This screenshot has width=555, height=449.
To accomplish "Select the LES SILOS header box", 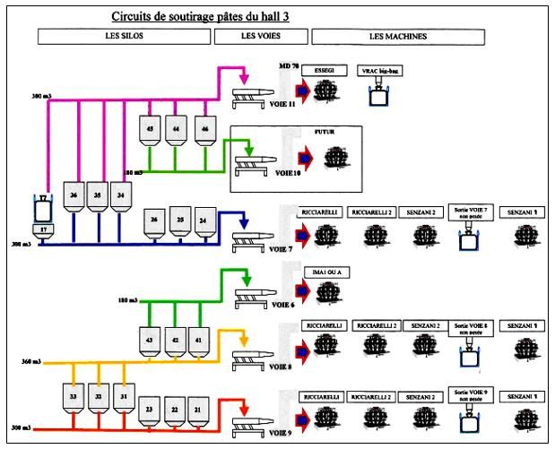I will [x=124, y=36].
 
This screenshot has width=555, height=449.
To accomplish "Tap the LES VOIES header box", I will [x=260, y=36].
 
